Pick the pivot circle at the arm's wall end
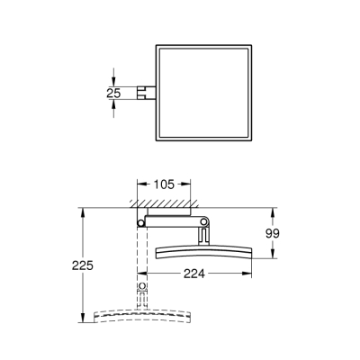(141, 221)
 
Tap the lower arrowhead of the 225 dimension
(84, 322)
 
